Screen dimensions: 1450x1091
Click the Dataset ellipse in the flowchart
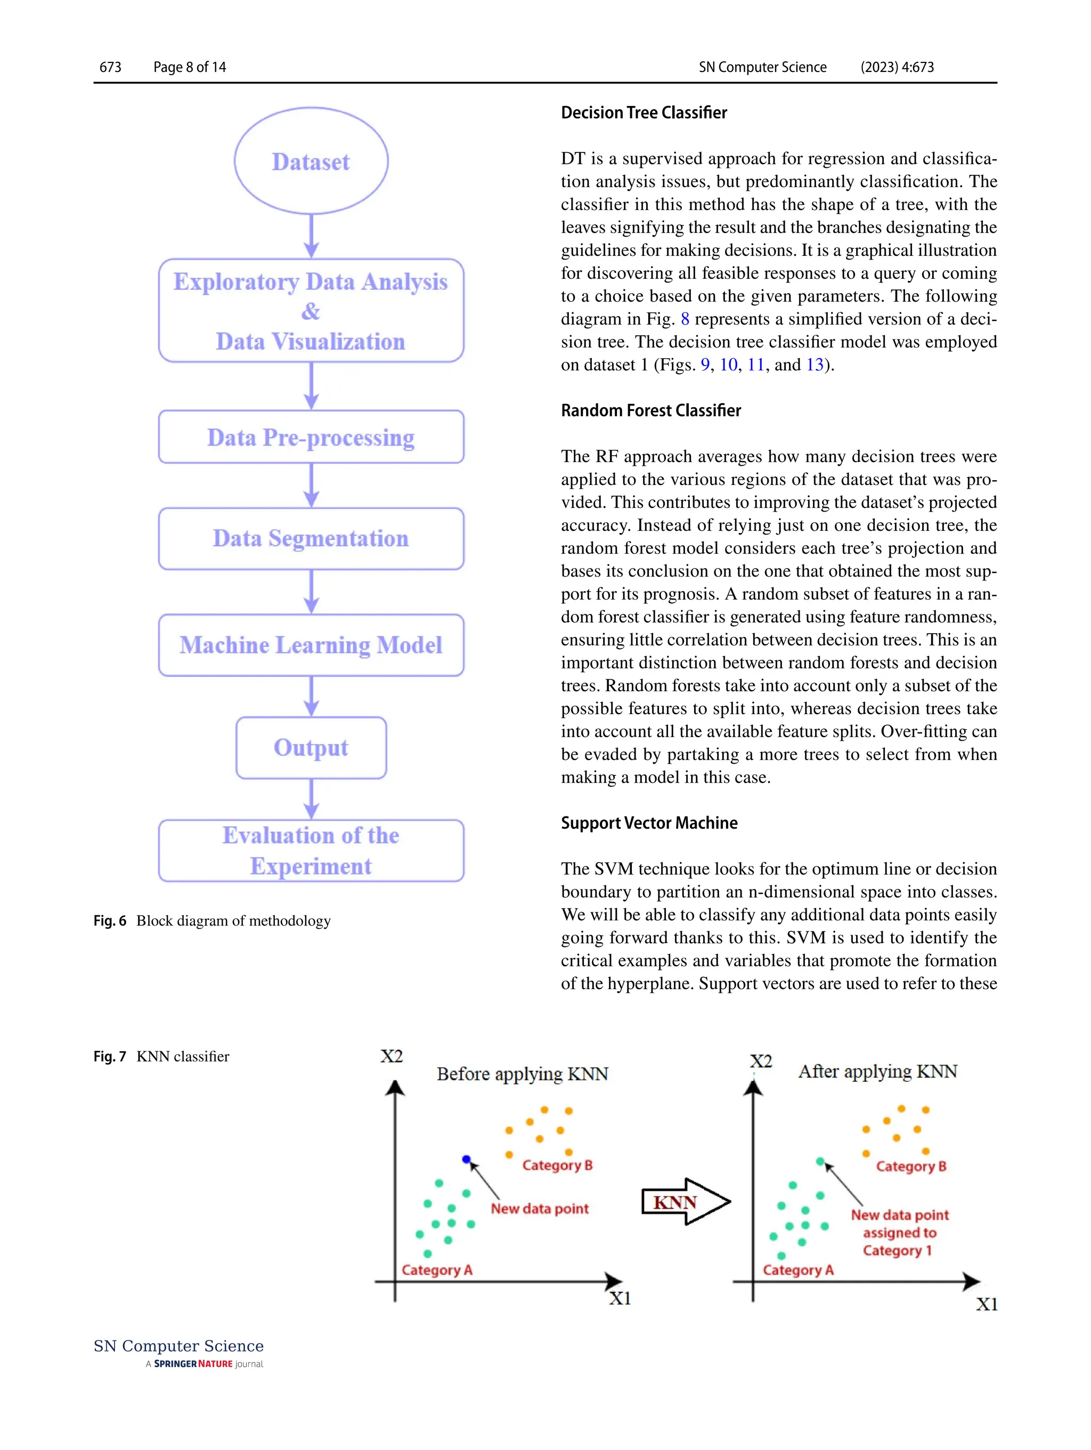[311, 161]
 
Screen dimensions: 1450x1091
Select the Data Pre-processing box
[311, 437]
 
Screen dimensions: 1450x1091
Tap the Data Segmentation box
[311, 538]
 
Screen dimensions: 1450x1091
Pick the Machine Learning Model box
[311, 645]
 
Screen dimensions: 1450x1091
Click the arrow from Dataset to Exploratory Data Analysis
[311, 236]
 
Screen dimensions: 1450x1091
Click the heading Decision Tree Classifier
[644, 113]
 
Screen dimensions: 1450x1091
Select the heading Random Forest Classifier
[650, 410]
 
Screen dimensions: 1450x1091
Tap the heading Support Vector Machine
[649, 823]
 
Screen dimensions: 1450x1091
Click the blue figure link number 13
[815, 364]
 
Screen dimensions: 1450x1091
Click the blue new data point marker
[466, 1159]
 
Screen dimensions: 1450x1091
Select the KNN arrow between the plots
[685, 1202]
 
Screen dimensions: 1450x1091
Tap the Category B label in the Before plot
[557, 1165]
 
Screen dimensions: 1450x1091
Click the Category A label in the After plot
[797, 1270]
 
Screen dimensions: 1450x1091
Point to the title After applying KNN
[877, 1071]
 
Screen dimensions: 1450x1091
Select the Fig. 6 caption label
[109, 920]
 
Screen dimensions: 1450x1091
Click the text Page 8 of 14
[189, 67]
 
